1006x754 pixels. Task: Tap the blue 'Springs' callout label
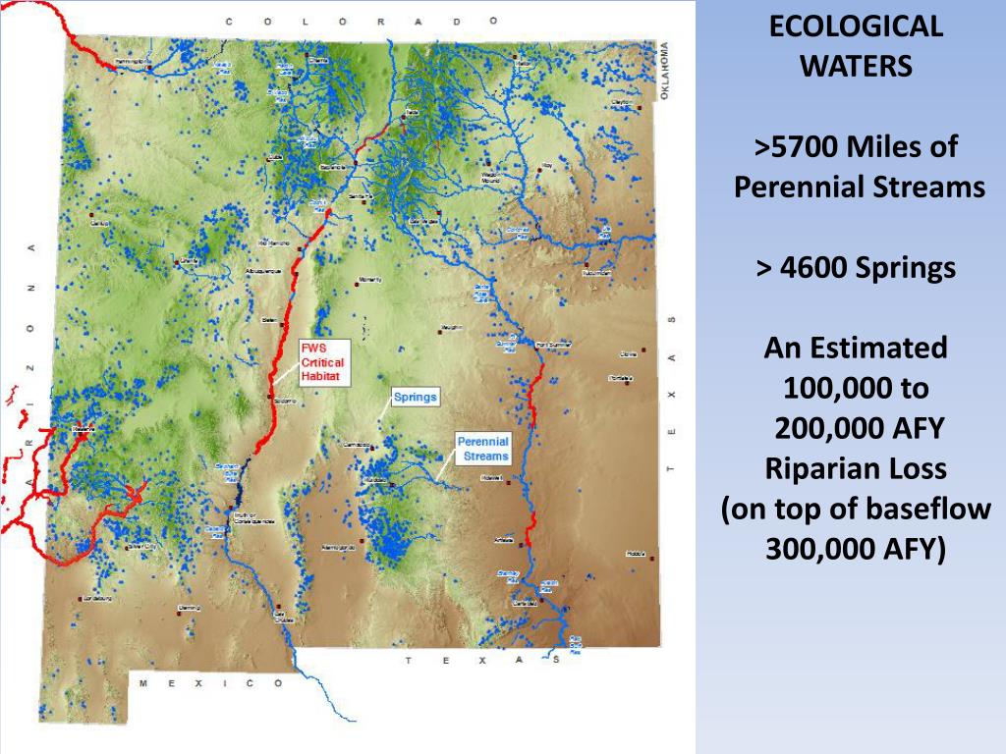(x=415, y=398)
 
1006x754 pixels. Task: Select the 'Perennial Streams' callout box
(x=483, y=449)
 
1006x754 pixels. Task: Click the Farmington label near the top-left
(x=134, y=63)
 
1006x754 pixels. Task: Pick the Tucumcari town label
(x=596, y=273)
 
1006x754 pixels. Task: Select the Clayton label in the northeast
(x=621, y=101)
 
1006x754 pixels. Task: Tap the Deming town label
(x=189, y=608)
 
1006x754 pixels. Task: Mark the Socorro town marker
(x=270, y=397)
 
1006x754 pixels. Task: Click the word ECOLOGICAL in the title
(x=855, y=27)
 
